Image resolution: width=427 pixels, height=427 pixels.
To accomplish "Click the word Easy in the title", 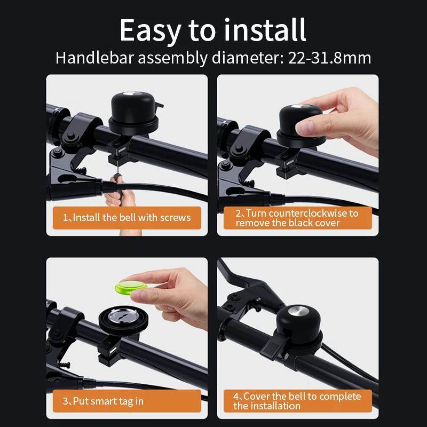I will pyautogui.click(x=150, y=30).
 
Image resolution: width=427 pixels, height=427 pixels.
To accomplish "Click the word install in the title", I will pyautogui.click(x=265, y=30).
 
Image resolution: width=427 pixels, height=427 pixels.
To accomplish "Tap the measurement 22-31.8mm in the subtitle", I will pyautogui.click(x=329, y=58).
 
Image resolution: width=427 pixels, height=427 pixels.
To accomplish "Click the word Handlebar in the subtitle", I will pyautogui.click(x=94, y=58).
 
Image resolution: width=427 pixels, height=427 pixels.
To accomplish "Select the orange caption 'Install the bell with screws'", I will pyautogui.click(x=126, y=218).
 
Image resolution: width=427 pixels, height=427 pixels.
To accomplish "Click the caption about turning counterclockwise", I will pyautogui.click(x=297, y=218).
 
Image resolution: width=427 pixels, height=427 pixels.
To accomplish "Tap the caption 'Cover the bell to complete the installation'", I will pyautogui.click(x=297, y=401).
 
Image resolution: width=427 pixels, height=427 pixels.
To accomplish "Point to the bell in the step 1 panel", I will pyautogui.click(x=133, y=113).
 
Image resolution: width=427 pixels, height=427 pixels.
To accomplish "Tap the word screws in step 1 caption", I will pyautogui.click(x=177, y=218).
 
